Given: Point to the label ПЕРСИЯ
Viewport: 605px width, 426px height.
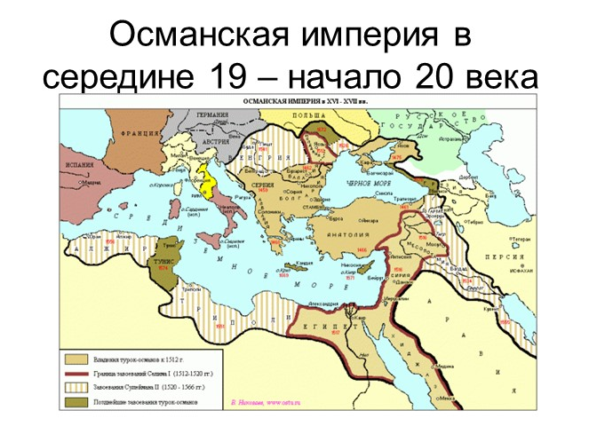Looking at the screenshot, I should click(540, 250).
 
